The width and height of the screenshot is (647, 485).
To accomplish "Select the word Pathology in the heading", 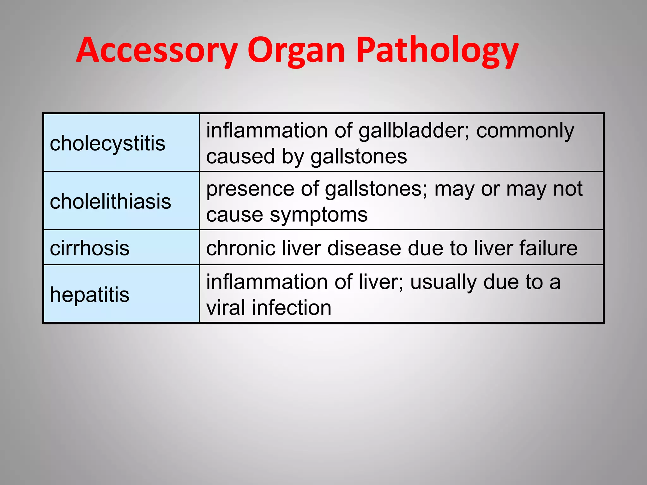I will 438,51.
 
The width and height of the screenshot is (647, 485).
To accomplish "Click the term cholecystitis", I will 107,144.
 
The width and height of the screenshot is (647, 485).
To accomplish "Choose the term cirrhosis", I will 89,248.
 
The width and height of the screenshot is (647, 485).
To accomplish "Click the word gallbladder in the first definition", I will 414,131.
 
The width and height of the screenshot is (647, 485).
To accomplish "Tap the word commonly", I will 525,131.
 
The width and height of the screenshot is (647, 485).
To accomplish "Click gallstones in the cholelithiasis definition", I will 376,189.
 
